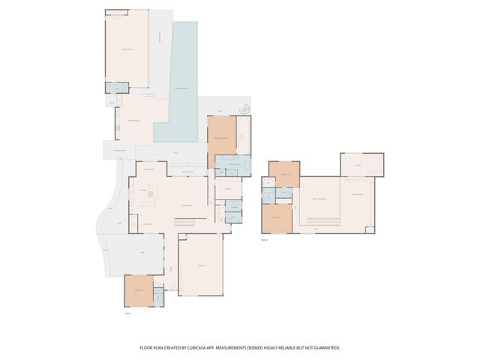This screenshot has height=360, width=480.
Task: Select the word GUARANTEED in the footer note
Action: [x=324, y=348]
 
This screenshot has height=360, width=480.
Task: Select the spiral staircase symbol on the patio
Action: [x=243, y=110]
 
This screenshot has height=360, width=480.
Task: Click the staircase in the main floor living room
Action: [x=185, y=220]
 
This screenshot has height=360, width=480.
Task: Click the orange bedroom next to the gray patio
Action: [x=139, y=290]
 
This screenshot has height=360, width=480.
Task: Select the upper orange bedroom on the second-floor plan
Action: [x=285, y=174]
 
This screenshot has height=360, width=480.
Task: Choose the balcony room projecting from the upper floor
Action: [x=361, y=163]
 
